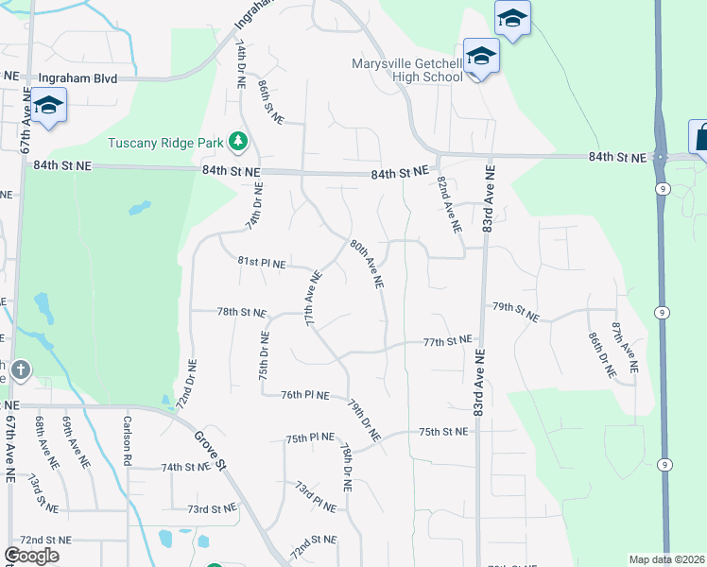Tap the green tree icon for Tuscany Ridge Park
point(238,143)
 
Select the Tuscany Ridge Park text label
point(165,144)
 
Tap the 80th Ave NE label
point(367,263)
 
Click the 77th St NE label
point(446,341)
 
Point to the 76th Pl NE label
point(304,395)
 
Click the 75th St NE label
point(443,432)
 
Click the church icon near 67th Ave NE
point(21,369)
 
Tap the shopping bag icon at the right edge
point(700,137)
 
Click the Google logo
point(31,556)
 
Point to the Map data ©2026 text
point(666,559)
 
